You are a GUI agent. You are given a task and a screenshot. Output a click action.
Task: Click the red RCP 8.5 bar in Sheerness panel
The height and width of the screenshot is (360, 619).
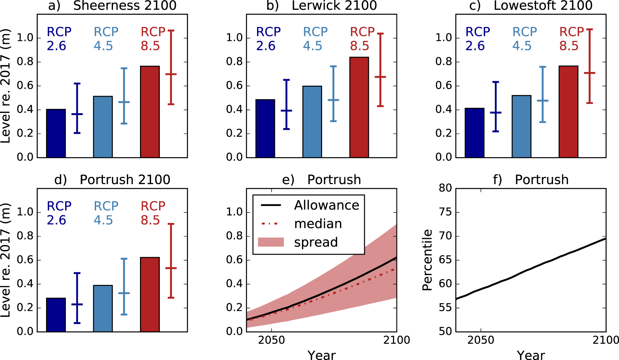coord(150,111)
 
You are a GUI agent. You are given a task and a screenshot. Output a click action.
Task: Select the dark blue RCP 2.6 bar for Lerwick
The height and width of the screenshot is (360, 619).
coord(265,128)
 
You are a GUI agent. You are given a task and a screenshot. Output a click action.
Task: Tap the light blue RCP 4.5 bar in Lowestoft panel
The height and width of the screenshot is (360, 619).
coord(521,126)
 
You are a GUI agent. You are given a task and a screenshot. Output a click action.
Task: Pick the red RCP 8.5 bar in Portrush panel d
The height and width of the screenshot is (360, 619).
coord(150,294)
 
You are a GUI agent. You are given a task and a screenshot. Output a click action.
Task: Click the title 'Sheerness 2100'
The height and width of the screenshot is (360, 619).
coord(125,6)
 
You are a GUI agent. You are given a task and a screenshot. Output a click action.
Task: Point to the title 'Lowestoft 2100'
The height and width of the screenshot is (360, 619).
coord(543,6)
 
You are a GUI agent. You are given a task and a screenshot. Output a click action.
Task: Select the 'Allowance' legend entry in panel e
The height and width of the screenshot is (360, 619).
coord(326,205)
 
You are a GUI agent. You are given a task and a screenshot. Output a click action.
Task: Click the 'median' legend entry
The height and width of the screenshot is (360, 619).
coord(318,224)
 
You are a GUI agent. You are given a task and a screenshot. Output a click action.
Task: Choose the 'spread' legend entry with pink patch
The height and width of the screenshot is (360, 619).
coord(316,242)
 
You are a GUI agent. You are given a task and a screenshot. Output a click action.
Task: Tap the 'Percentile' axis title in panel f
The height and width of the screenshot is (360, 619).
coord(427,260)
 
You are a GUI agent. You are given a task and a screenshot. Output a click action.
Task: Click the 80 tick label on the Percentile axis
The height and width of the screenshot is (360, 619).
coord(445,188)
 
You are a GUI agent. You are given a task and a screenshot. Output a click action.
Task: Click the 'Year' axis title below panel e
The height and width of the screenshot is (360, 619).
coord(321,355)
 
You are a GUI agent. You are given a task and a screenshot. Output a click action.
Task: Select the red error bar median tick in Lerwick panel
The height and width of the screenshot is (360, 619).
coord(380,77)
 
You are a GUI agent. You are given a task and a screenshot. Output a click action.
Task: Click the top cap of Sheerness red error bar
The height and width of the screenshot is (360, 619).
coord(171,31)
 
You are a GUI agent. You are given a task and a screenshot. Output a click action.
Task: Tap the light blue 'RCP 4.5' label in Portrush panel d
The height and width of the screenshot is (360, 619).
coord(106,213)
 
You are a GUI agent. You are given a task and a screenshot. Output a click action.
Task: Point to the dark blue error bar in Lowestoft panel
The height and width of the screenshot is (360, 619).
coord(496,107)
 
